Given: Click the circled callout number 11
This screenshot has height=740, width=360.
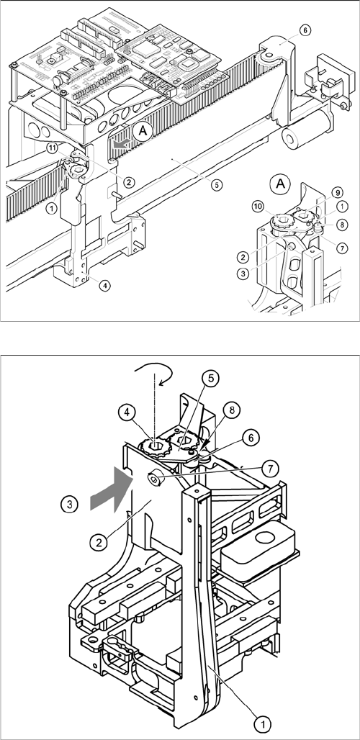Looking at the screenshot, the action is (53, 148).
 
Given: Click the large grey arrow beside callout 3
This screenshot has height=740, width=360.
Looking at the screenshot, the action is (111, 490).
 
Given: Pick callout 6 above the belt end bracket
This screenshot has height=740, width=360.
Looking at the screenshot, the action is (305, 30).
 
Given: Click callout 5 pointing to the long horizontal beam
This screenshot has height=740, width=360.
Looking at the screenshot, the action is (216, 186).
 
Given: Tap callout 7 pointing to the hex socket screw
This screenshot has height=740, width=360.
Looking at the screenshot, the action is (270, 468).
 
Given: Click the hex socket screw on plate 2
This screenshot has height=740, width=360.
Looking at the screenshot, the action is (156, 480).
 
